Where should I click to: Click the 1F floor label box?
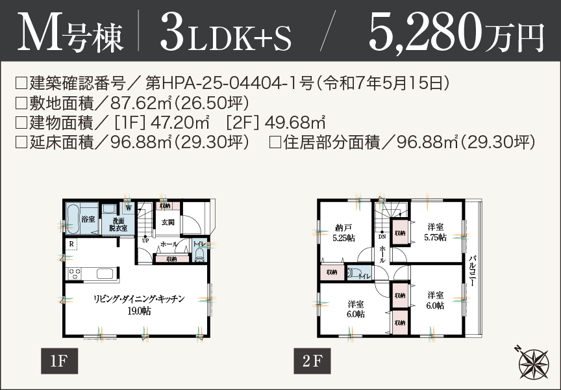[59, 361]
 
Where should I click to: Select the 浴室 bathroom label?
[88, 220]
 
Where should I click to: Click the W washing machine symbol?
[129, 208]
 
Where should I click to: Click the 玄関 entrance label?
[168, 222]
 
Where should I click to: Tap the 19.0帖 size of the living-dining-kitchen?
[140, 311]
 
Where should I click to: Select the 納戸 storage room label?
[343, 228]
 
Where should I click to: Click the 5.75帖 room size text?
[434, 237]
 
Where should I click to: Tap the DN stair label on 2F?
[382, 237]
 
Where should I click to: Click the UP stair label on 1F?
[145, 239]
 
